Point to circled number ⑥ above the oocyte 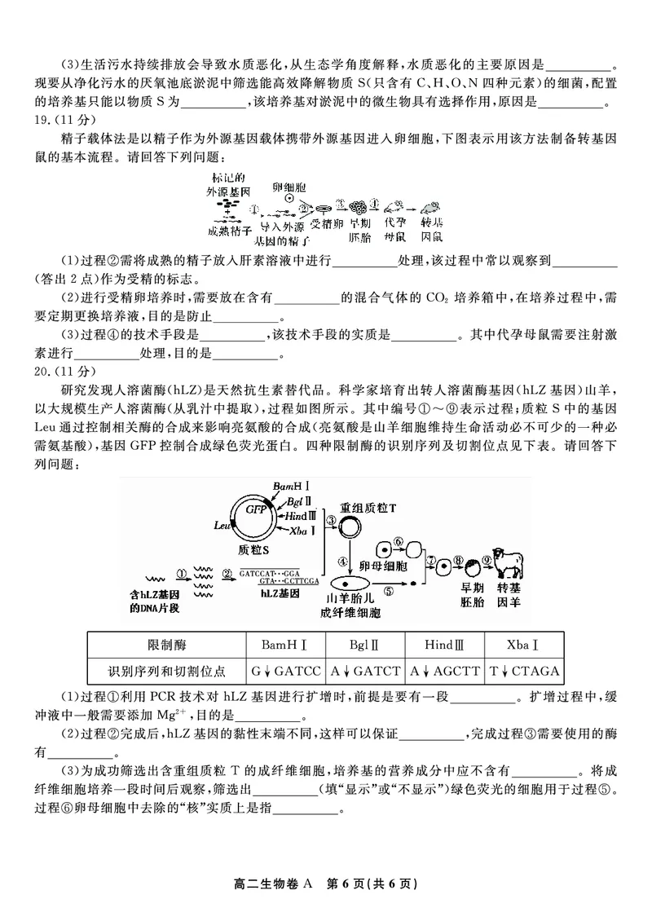399,541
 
